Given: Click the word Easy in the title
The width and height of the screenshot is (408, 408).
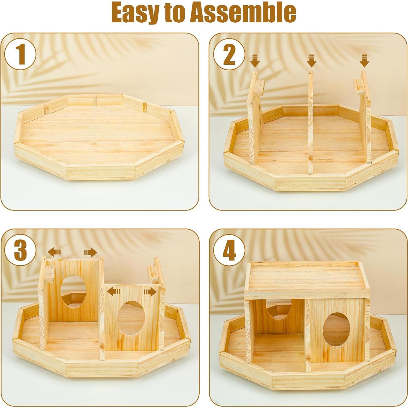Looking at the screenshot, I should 134,13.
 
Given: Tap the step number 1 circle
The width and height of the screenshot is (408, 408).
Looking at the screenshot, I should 20,54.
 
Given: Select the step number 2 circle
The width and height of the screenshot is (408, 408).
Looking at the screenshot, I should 229,54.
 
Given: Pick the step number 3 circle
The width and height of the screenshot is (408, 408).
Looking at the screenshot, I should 20,250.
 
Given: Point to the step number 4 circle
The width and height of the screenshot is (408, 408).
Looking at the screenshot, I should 229,250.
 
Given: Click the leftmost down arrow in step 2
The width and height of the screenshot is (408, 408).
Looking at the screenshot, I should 255,61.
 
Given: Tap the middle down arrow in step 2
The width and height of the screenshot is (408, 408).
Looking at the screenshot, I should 311,61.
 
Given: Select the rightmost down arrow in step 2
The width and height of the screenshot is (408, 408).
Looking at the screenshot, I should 364,61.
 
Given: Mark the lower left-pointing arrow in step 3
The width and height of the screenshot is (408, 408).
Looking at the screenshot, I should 113,292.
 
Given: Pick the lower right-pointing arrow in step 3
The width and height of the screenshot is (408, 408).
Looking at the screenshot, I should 150,292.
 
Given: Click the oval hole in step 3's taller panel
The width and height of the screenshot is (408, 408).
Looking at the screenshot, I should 73,292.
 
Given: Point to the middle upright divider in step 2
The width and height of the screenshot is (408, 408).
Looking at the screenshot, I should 311,123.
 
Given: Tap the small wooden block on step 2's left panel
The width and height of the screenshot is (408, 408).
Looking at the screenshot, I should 260,88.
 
